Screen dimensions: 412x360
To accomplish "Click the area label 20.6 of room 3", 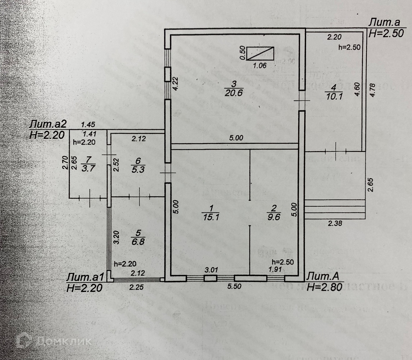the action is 233,93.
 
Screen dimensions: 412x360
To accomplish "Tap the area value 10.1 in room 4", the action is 333,97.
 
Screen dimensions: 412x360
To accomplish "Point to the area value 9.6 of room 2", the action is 274,217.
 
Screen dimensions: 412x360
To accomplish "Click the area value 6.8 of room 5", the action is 138,241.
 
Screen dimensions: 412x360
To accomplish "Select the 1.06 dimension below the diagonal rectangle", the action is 260,66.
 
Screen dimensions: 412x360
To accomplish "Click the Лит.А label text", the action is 323,276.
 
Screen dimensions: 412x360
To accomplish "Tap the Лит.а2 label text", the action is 48,124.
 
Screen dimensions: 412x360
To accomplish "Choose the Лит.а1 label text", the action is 86,277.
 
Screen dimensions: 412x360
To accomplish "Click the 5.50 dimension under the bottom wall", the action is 235,286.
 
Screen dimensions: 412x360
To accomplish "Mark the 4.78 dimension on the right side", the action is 372,90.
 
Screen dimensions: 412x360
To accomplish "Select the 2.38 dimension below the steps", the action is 335,224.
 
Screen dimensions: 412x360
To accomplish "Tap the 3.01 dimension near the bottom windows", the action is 211,270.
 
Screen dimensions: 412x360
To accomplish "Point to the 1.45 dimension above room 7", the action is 88,125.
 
